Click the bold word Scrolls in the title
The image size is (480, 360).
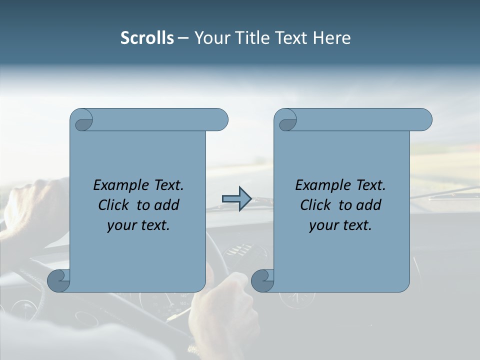(x=147, y=38)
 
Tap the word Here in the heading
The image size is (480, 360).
(x=331, y=38)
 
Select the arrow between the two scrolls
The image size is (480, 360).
(x=236, y=199)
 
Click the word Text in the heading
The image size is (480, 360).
(x=292, y=38)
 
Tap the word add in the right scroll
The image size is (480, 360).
(x=369, y=205)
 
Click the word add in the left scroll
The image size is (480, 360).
(x=167, y=205)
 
